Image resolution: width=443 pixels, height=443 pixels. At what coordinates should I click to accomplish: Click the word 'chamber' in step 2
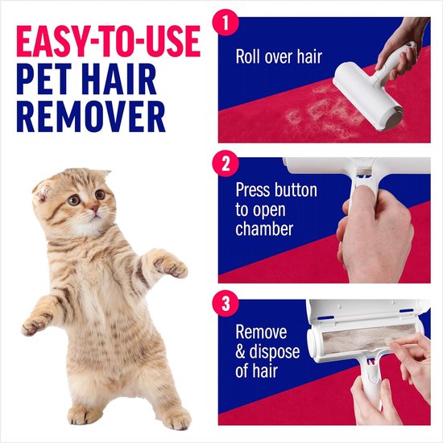click(x=264, y=230)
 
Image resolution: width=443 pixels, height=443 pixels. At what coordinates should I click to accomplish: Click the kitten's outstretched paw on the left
click(x=35, y=326)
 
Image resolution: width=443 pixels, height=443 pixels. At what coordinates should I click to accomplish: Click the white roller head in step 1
click(x=402, y=97)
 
